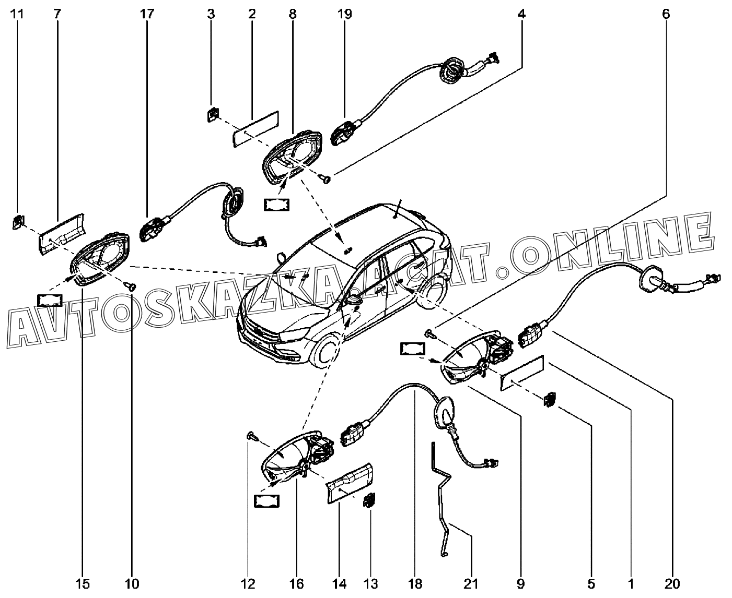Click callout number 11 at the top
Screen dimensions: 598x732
pyautogui.click(x=18, y=14)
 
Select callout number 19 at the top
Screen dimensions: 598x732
pyautogui.click(x=345, y=14)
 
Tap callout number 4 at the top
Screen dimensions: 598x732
pyautogui.click(x=521, y=14)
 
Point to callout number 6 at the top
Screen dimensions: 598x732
pyautogui.click(x=665, y=14)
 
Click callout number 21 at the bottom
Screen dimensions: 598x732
pyautogui.click(x=471, y=583)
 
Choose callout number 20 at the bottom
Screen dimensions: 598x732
pyautogui.click(x=673, y=583)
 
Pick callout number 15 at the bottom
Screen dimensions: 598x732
pyautogui.click(x=84, y=583)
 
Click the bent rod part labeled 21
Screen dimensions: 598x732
pyautogui.click(x=441, y=501)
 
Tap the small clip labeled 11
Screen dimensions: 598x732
pyautogui.click(x=18, y=223)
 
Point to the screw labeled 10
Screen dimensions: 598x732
pyautogui.click(x=131, y=285)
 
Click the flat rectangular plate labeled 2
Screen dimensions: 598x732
pyautogui.click(x=255, y=129)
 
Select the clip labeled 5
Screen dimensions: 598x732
pyautogui.click(x=550, y=399)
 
